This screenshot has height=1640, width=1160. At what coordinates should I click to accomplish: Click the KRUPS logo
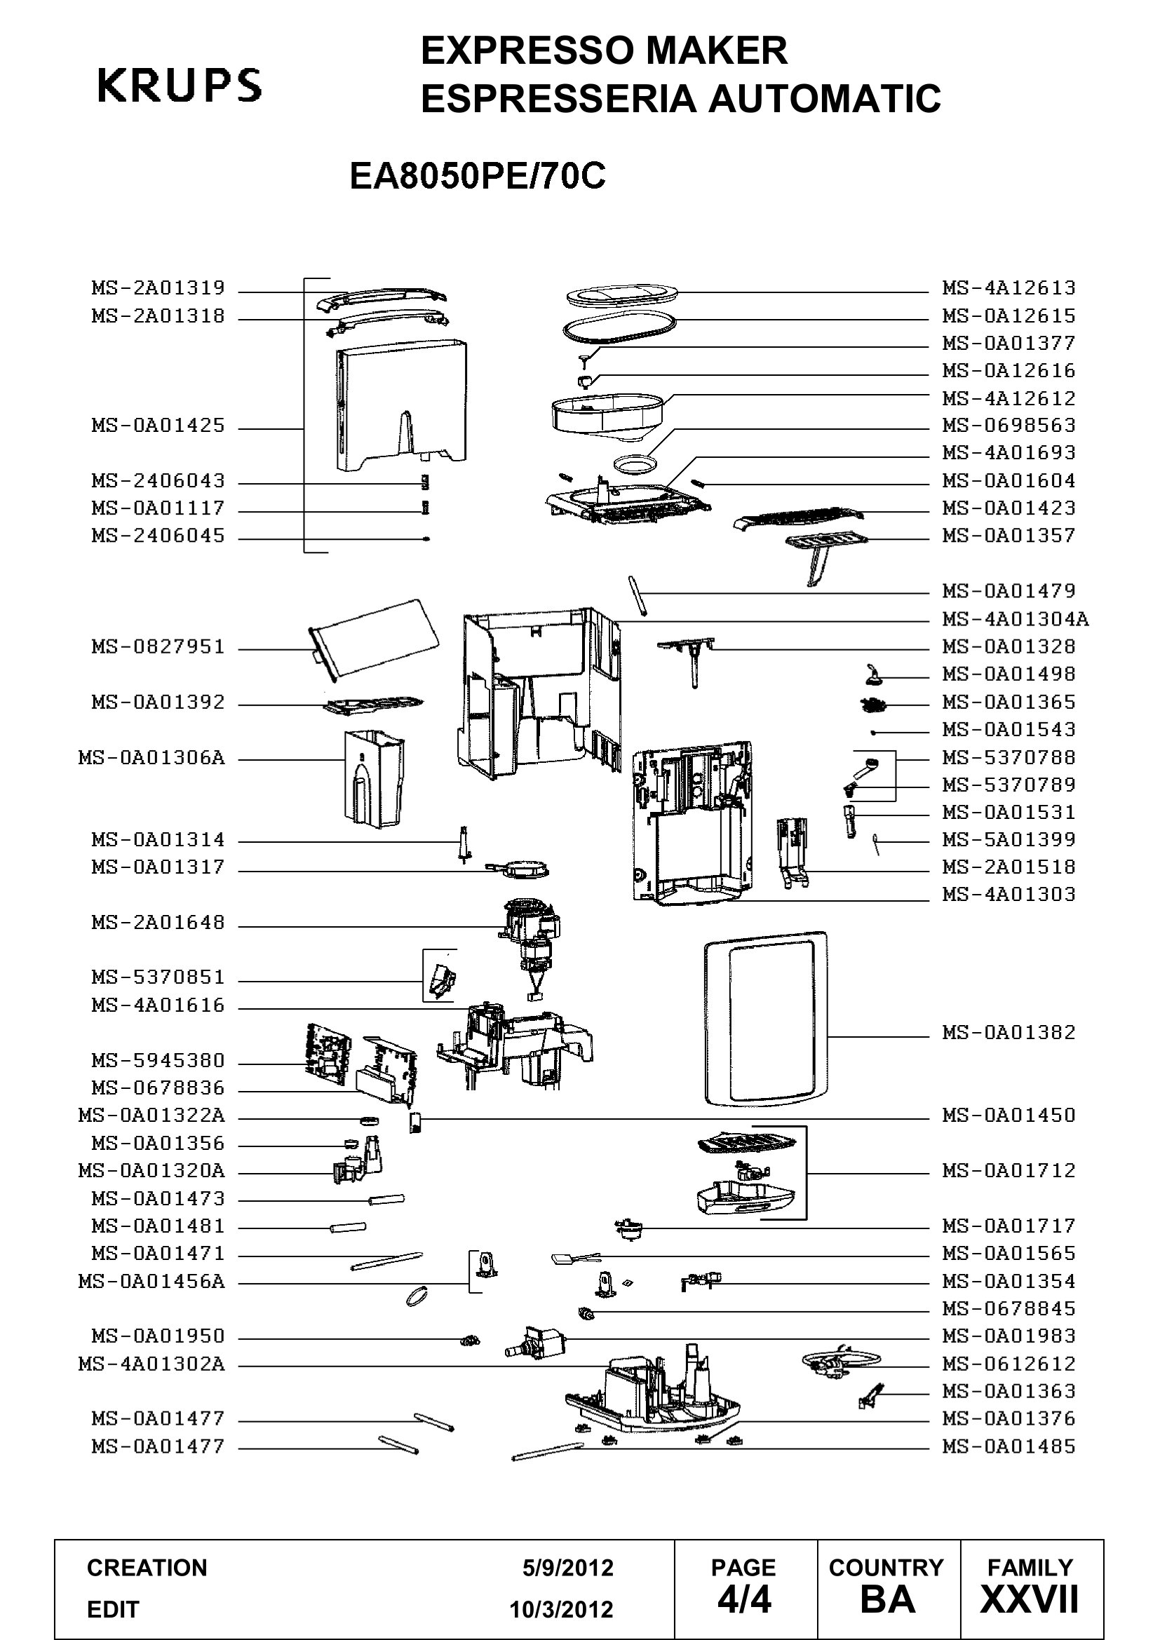pos(180,86)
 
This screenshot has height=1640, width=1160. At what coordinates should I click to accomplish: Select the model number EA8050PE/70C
pos(477,176)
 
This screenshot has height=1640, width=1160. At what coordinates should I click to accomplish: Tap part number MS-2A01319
pos(158,288)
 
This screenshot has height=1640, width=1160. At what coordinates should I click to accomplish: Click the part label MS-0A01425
pos(158,426)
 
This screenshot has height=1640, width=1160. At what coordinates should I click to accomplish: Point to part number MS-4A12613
pos(1009,288)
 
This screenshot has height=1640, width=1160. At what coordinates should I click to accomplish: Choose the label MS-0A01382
pos(1009,1032)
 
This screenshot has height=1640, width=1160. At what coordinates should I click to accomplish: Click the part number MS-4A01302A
pos(151,1364)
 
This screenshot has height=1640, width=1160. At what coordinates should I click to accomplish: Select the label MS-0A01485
pos(1009,1446)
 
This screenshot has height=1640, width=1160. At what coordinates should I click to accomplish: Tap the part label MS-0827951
pos(158,647)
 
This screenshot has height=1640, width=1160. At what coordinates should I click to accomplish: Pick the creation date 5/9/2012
pos(568,1568)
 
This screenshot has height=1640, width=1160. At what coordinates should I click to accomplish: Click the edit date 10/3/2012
pos(562,1609)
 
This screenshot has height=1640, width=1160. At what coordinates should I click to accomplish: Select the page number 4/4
pos(744,1599)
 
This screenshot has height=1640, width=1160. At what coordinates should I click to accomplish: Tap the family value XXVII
pos(1030,1599)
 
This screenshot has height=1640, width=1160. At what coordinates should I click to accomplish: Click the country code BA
pos(888,1599)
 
